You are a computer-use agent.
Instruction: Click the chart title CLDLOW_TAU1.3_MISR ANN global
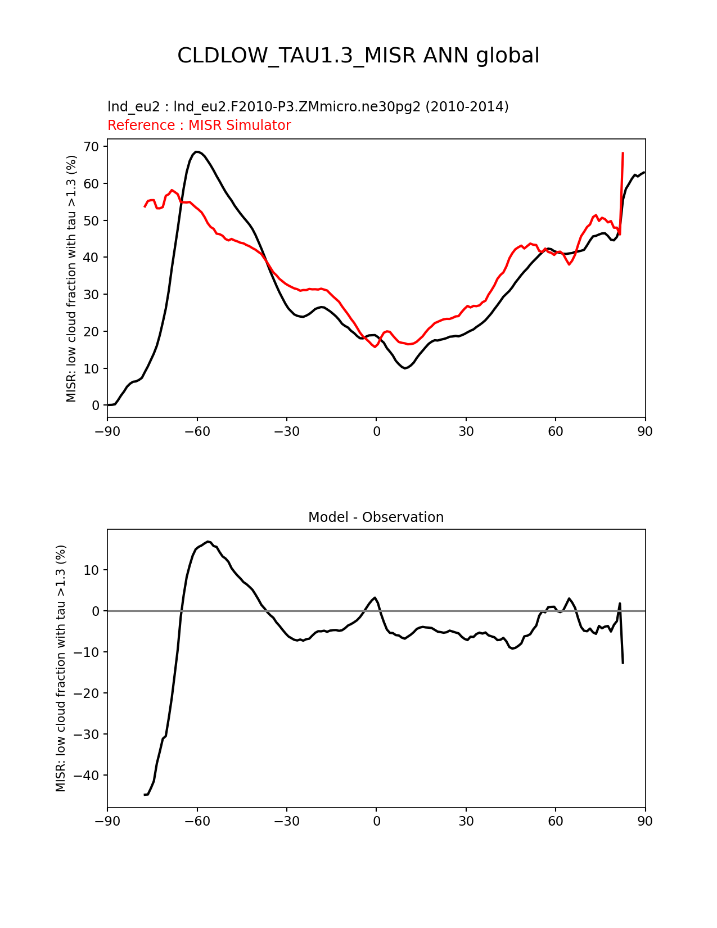pyautogui.click(x=358, y=56)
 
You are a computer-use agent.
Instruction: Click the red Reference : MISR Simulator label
pyautogui.click(x=199, y=125)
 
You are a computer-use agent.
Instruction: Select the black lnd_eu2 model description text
pyautogui.click(x=308, y=106)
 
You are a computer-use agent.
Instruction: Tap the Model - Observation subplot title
pyautogui.click(x=376, y=517)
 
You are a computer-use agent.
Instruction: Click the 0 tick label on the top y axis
pyautogui.click(x=96, y=406)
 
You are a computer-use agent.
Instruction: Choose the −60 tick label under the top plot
pyautogui.click(x=197, y=431)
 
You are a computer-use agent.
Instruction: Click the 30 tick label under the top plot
pyautogui.click(x=466, y=431)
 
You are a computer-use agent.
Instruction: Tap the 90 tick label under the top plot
pyautogui.click(x=645, y=431)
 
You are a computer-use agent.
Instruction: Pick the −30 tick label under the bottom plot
pyautogui.click(x=286, y=821)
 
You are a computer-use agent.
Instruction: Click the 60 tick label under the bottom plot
pyautogui.click(x=555, y=821)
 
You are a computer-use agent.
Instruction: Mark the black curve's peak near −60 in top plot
pyautogui.click(x=197, y=151)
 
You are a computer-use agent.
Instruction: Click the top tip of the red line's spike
pyautogui.click(x=623, y=152)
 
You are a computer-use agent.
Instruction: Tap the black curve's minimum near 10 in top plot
pyautogui.click(x=405, y=368)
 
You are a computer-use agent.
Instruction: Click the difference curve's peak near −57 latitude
pyautogui.click(x=208, y=542)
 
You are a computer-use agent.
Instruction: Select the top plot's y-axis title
pyautogui.click(x=71, y=278)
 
